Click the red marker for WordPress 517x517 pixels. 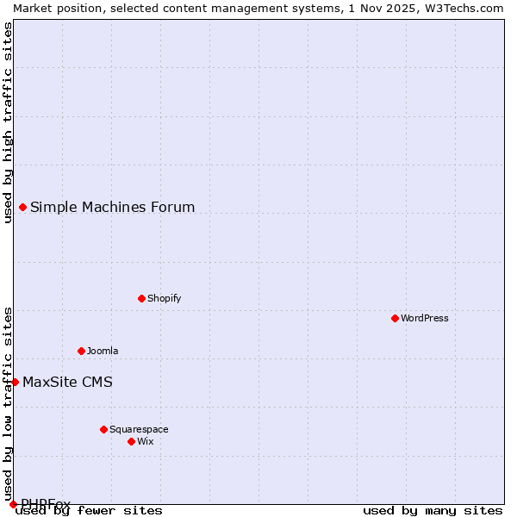coord(395,318)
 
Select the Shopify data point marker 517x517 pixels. coord(141,298)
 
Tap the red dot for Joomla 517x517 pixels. coord(81,351)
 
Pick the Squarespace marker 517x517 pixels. coord(103,429)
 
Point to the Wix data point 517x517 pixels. coord(131,441)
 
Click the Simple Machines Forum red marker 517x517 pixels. coord(22,207)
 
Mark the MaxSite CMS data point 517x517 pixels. coord(15,382)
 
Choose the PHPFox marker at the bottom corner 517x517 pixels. coord(13,504)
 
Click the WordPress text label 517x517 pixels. coord(425,318)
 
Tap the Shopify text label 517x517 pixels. coord(164,298)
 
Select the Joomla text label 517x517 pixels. coord(103,351)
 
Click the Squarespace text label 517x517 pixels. coord(139,429)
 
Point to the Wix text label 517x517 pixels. coord(145,441)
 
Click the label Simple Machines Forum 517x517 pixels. coord(112,207)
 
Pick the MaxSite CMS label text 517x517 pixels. coord(67,382)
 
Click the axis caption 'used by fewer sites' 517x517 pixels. coord(89,511)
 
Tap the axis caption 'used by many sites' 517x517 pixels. coord(433,511)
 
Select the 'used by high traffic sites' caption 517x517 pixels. coord(8,122)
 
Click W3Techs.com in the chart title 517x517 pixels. coord(463,8)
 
